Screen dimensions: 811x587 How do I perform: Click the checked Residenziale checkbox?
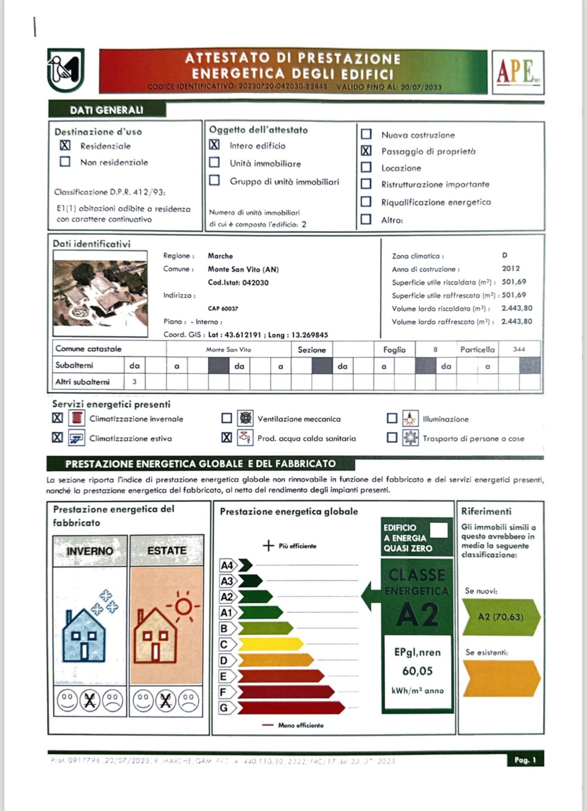click(65, 146)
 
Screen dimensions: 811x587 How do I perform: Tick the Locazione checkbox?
click(366, 167)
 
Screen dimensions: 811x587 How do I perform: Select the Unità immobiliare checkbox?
click(214, 162)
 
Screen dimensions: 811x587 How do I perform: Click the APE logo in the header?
click(518, 72)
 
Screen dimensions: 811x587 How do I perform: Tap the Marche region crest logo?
click(66, 70)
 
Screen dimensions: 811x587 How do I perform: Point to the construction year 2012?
click(511, 268)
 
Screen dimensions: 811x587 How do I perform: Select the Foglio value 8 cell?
click(435, 349)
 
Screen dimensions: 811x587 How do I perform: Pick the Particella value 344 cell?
click(519, 349)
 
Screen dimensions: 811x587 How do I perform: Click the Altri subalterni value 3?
click(135, 382)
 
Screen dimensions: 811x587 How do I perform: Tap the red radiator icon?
click(77, 418)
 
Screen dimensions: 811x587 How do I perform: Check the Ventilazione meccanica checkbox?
click(227, 418)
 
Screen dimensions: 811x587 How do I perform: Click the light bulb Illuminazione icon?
click(410, 418)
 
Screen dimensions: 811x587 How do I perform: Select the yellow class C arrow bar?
click(270, 644)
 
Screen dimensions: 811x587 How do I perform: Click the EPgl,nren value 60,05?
click(417, 671)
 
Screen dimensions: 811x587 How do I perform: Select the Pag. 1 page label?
click(525, 760)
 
